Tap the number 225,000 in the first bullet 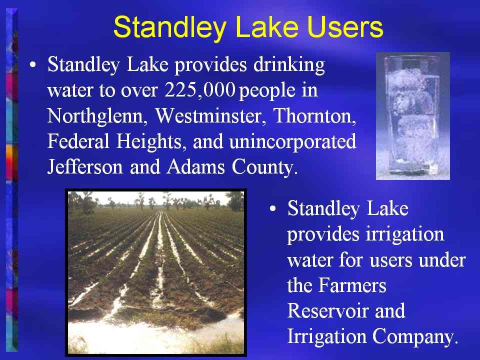click(x=200, y=90)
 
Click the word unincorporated click(x=292, y=142)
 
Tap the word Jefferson click(x=85, y=167)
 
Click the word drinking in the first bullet click(x=289, y=65)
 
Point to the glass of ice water click(x=413, y=115)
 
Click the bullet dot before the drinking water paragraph click(x=33, y=65)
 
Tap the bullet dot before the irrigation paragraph click(x=273, y=209)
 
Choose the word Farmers click(x=352, y=285)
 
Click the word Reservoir click(x=327, y=311)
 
